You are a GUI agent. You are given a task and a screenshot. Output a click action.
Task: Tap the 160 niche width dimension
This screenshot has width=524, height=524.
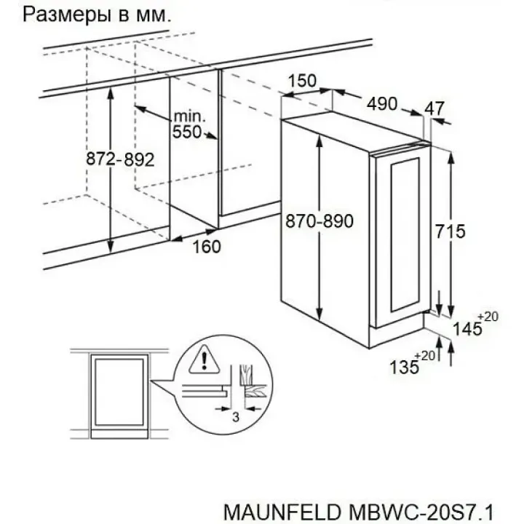click(206, 247)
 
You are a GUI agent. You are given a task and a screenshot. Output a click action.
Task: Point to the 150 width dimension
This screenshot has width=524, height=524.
click(302, 81)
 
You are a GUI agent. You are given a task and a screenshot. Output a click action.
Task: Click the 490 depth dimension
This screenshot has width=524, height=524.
click(381, 104)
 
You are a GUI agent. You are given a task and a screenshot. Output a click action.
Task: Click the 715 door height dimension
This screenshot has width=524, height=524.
click(449, 231)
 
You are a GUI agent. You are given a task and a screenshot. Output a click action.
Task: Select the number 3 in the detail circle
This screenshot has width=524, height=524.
click(235, 416)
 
